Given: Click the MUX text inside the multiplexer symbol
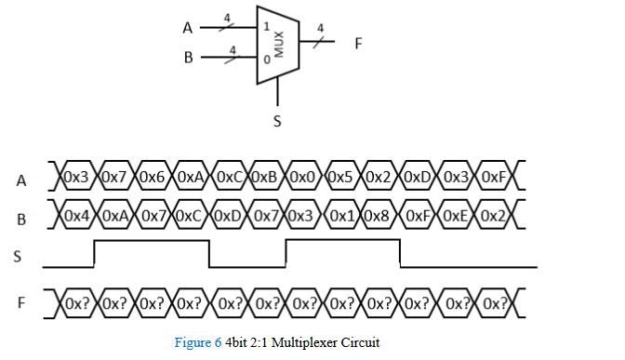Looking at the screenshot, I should pos(277,43).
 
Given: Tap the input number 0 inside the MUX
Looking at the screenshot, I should pos(267,60).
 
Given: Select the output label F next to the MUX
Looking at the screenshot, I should pos(358,44).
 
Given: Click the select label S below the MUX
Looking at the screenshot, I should pos(276,121).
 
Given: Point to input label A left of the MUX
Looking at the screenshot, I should pos(188,28).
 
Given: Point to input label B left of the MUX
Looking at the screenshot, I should pos(188,58).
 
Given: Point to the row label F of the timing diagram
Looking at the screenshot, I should pos(20,303).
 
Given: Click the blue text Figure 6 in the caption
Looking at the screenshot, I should pos(197,342).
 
